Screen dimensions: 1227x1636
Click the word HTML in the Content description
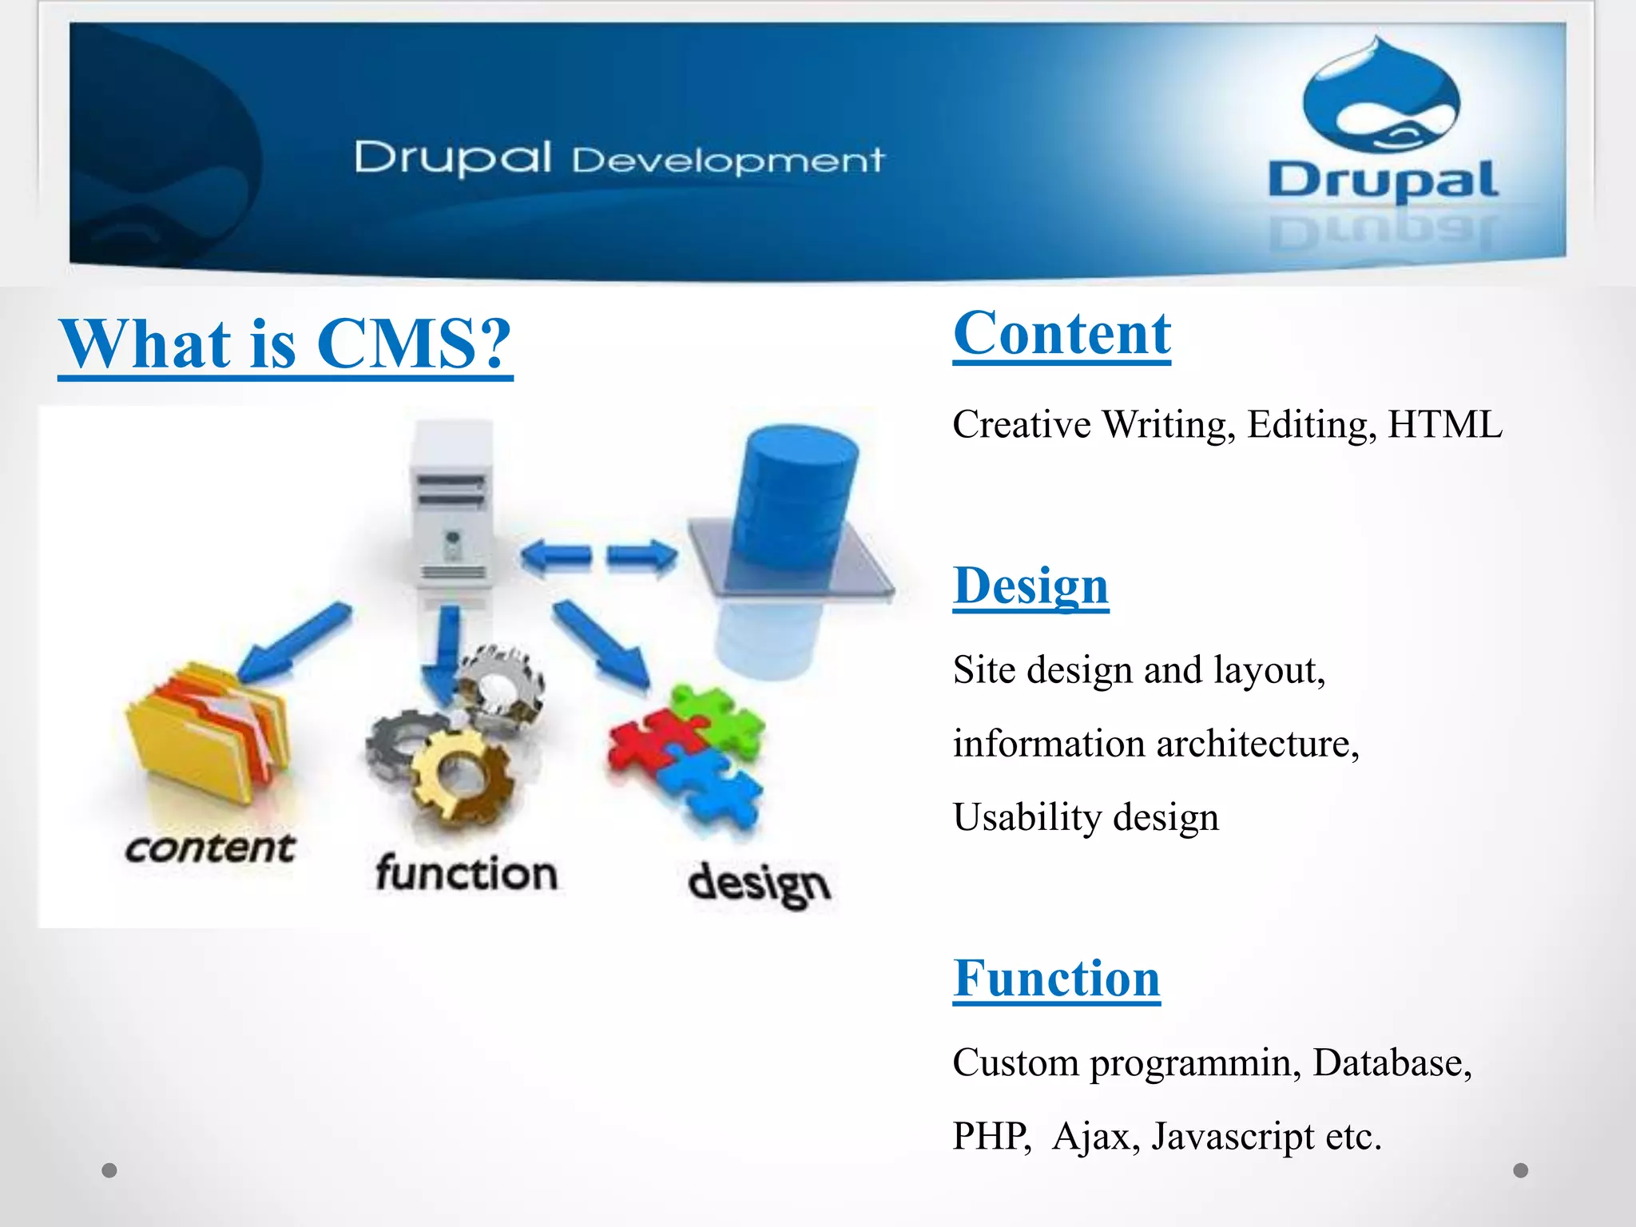tap(1444, 424)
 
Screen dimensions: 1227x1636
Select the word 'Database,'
tap(1392, 1062)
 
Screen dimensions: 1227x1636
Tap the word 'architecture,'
tap(1257, 744)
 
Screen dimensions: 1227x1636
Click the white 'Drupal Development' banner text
tap(619, 158)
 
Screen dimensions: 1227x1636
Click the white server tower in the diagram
tap(451, 503)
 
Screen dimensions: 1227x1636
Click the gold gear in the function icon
tap(461, 775)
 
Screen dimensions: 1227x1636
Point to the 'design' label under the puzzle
tap(759, 884)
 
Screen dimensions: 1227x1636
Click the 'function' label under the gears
tap(467, 872)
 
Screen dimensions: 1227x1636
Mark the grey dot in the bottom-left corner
tap(109, 1170)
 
